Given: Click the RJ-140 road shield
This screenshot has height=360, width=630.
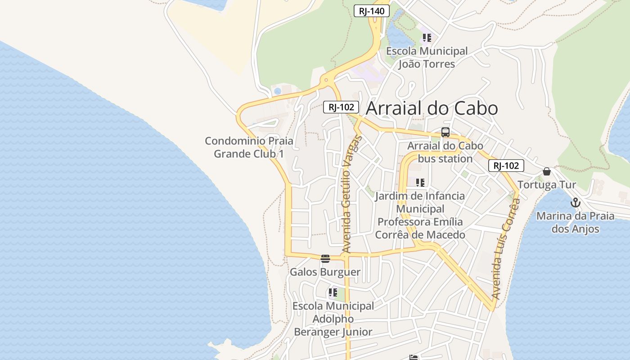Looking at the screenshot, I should tap(371, 11).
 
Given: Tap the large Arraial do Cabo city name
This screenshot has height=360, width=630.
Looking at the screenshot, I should tap(432, 108).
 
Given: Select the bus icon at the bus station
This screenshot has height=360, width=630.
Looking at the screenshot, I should tap(445, 132).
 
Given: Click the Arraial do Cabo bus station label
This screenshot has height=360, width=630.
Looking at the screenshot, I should tap(445, 152).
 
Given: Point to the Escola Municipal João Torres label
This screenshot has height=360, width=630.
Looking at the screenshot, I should tap(427, 58).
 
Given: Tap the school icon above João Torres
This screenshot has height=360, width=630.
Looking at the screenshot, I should tap(427, 38).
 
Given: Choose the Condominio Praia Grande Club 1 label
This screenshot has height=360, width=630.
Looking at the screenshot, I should tap(249, 147).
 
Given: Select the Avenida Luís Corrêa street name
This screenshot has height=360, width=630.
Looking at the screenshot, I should tap(506, 250).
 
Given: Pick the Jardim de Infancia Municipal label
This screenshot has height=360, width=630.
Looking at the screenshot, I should tap(420, 215).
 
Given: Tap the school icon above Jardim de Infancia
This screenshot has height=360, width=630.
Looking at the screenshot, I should tap(420, 183).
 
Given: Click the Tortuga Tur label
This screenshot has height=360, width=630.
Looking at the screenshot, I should tap(546, 185).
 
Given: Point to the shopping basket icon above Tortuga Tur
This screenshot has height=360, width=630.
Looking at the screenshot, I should tap(546, 171).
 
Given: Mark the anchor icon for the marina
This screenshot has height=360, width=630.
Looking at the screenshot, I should tap(575, 203).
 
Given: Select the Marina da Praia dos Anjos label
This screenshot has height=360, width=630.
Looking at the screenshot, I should tap(575, 222).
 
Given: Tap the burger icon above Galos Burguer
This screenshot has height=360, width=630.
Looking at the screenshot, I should tap(325, 259).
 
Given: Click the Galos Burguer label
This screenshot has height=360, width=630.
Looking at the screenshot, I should tap(325, 272).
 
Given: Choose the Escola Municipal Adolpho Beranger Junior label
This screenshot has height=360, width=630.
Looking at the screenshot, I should tap(333, 319).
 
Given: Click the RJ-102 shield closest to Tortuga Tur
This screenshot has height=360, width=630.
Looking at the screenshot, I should tap(506, 166).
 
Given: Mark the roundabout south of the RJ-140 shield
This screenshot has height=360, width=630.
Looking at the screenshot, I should tap(326, 81).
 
